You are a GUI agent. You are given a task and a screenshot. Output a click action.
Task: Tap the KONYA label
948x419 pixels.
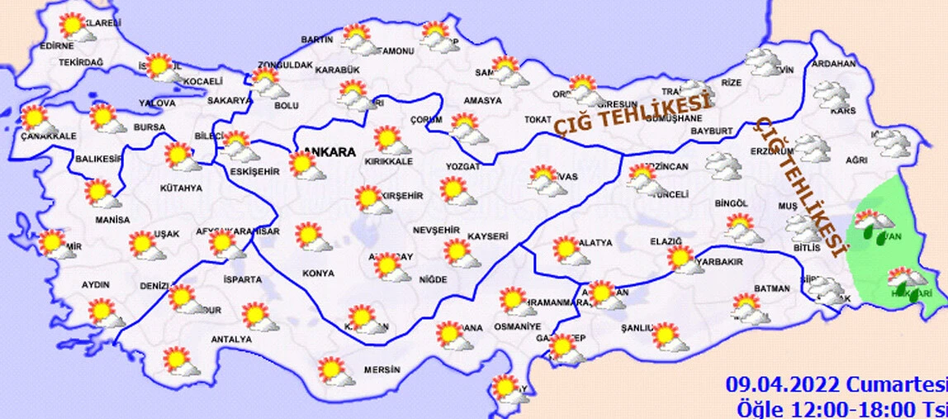(x=318, y=273)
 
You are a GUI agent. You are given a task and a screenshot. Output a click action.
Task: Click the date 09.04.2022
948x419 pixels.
(x=783, y=385)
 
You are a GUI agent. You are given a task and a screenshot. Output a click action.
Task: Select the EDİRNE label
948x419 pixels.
(x=56, y=46)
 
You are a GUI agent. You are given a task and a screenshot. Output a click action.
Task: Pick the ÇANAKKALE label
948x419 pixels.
(x=49, y=136)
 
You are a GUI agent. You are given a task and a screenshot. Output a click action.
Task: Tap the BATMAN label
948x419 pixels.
(x=750, y=288)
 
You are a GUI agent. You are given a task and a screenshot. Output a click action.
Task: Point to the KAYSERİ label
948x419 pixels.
(x=486, y=236)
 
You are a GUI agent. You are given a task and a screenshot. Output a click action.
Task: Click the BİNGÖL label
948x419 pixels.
(x=731, y=203)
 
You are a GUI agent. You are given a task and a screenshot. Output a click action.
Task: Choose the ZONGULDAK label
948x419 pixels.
(x=285, y=65)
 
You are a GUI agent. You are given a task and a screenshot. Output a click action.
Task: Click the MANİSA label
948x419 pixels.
(x=112, y=220)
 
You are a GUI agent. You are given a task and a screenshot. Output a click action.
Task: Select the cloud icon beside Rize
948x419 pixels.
(x=762, y=61)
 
